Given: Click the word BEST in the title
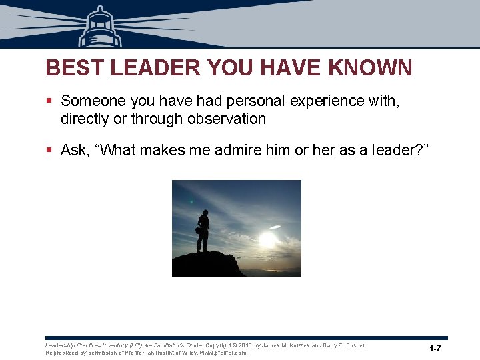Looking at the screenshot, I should pos(71,67).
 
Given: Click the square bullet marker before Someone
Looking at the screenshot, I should pos(49,101).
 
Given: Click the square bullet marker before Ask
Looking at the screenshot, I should pos(49,151).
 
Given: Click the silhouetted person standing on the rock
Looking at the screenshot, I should pos(202,231).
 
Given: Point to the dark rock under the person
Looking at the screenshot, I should pos(207,265).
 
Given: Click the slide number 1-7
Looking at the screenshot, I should pos(435,349).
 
